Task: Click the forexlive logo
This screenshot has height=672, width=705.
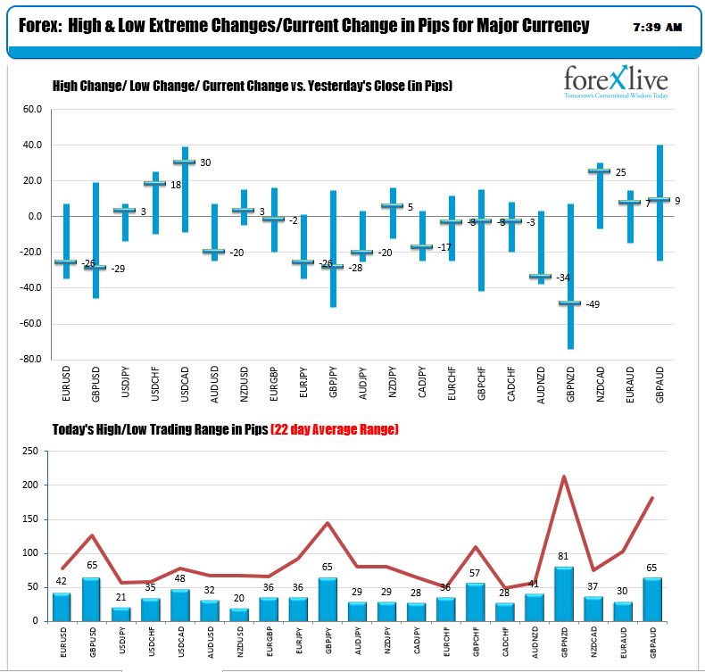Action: point(616,81)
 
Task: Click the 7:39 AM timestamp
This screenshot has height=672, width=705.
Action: point(656,28)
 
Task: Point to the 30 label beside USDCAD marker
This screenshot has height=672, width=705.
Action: point(204,162)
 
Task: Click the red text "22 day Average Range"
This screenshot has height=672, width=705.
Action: point(335,430)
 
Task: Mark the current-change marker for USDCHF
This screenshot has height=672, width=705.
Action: point(154,183)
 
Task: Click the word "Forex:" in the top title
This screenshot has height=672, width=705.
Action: point(40,26)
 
